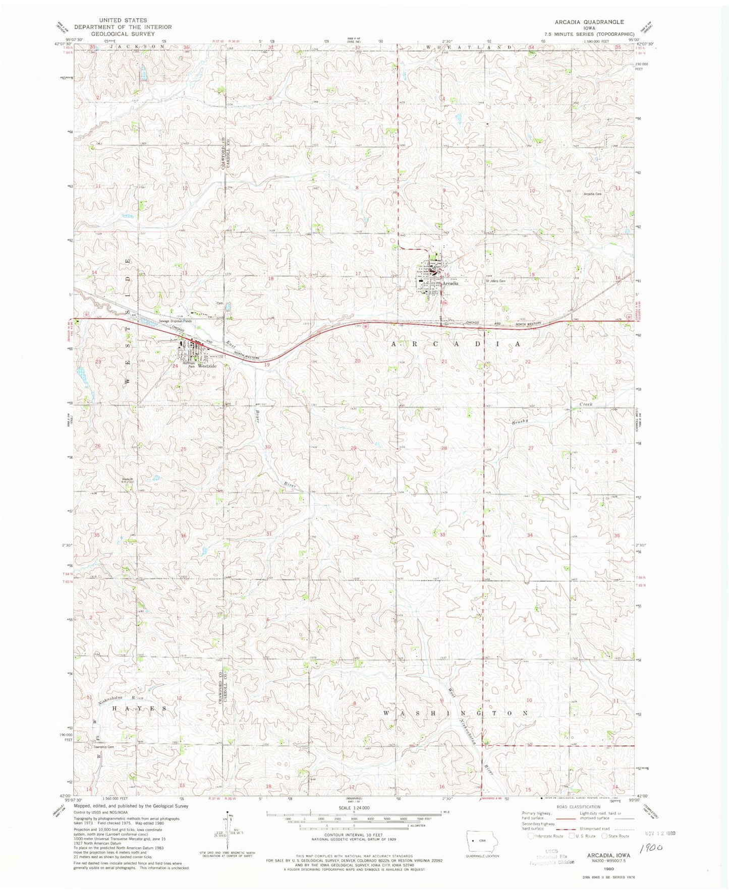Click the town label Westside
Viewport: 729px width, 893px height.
click(x=207, y=366)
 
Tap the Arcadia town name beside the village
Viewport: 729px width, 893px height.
click(x=450, y=283)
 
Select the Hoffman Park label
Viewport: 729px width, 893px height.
click(x=189, y=365)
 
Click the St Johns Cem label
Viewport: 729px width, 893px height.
click(x=495, y=281)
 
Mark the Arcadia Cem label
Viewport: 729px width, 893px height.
click(x=592, y=194)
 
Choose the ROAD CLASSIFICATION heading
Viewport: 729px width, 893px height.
click(x=578, y=821)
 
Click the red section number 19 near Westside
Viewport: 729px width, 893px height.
click(x=267, y=364)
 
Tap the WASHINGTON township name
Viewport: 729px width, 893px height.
click(x=456, y=713)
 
